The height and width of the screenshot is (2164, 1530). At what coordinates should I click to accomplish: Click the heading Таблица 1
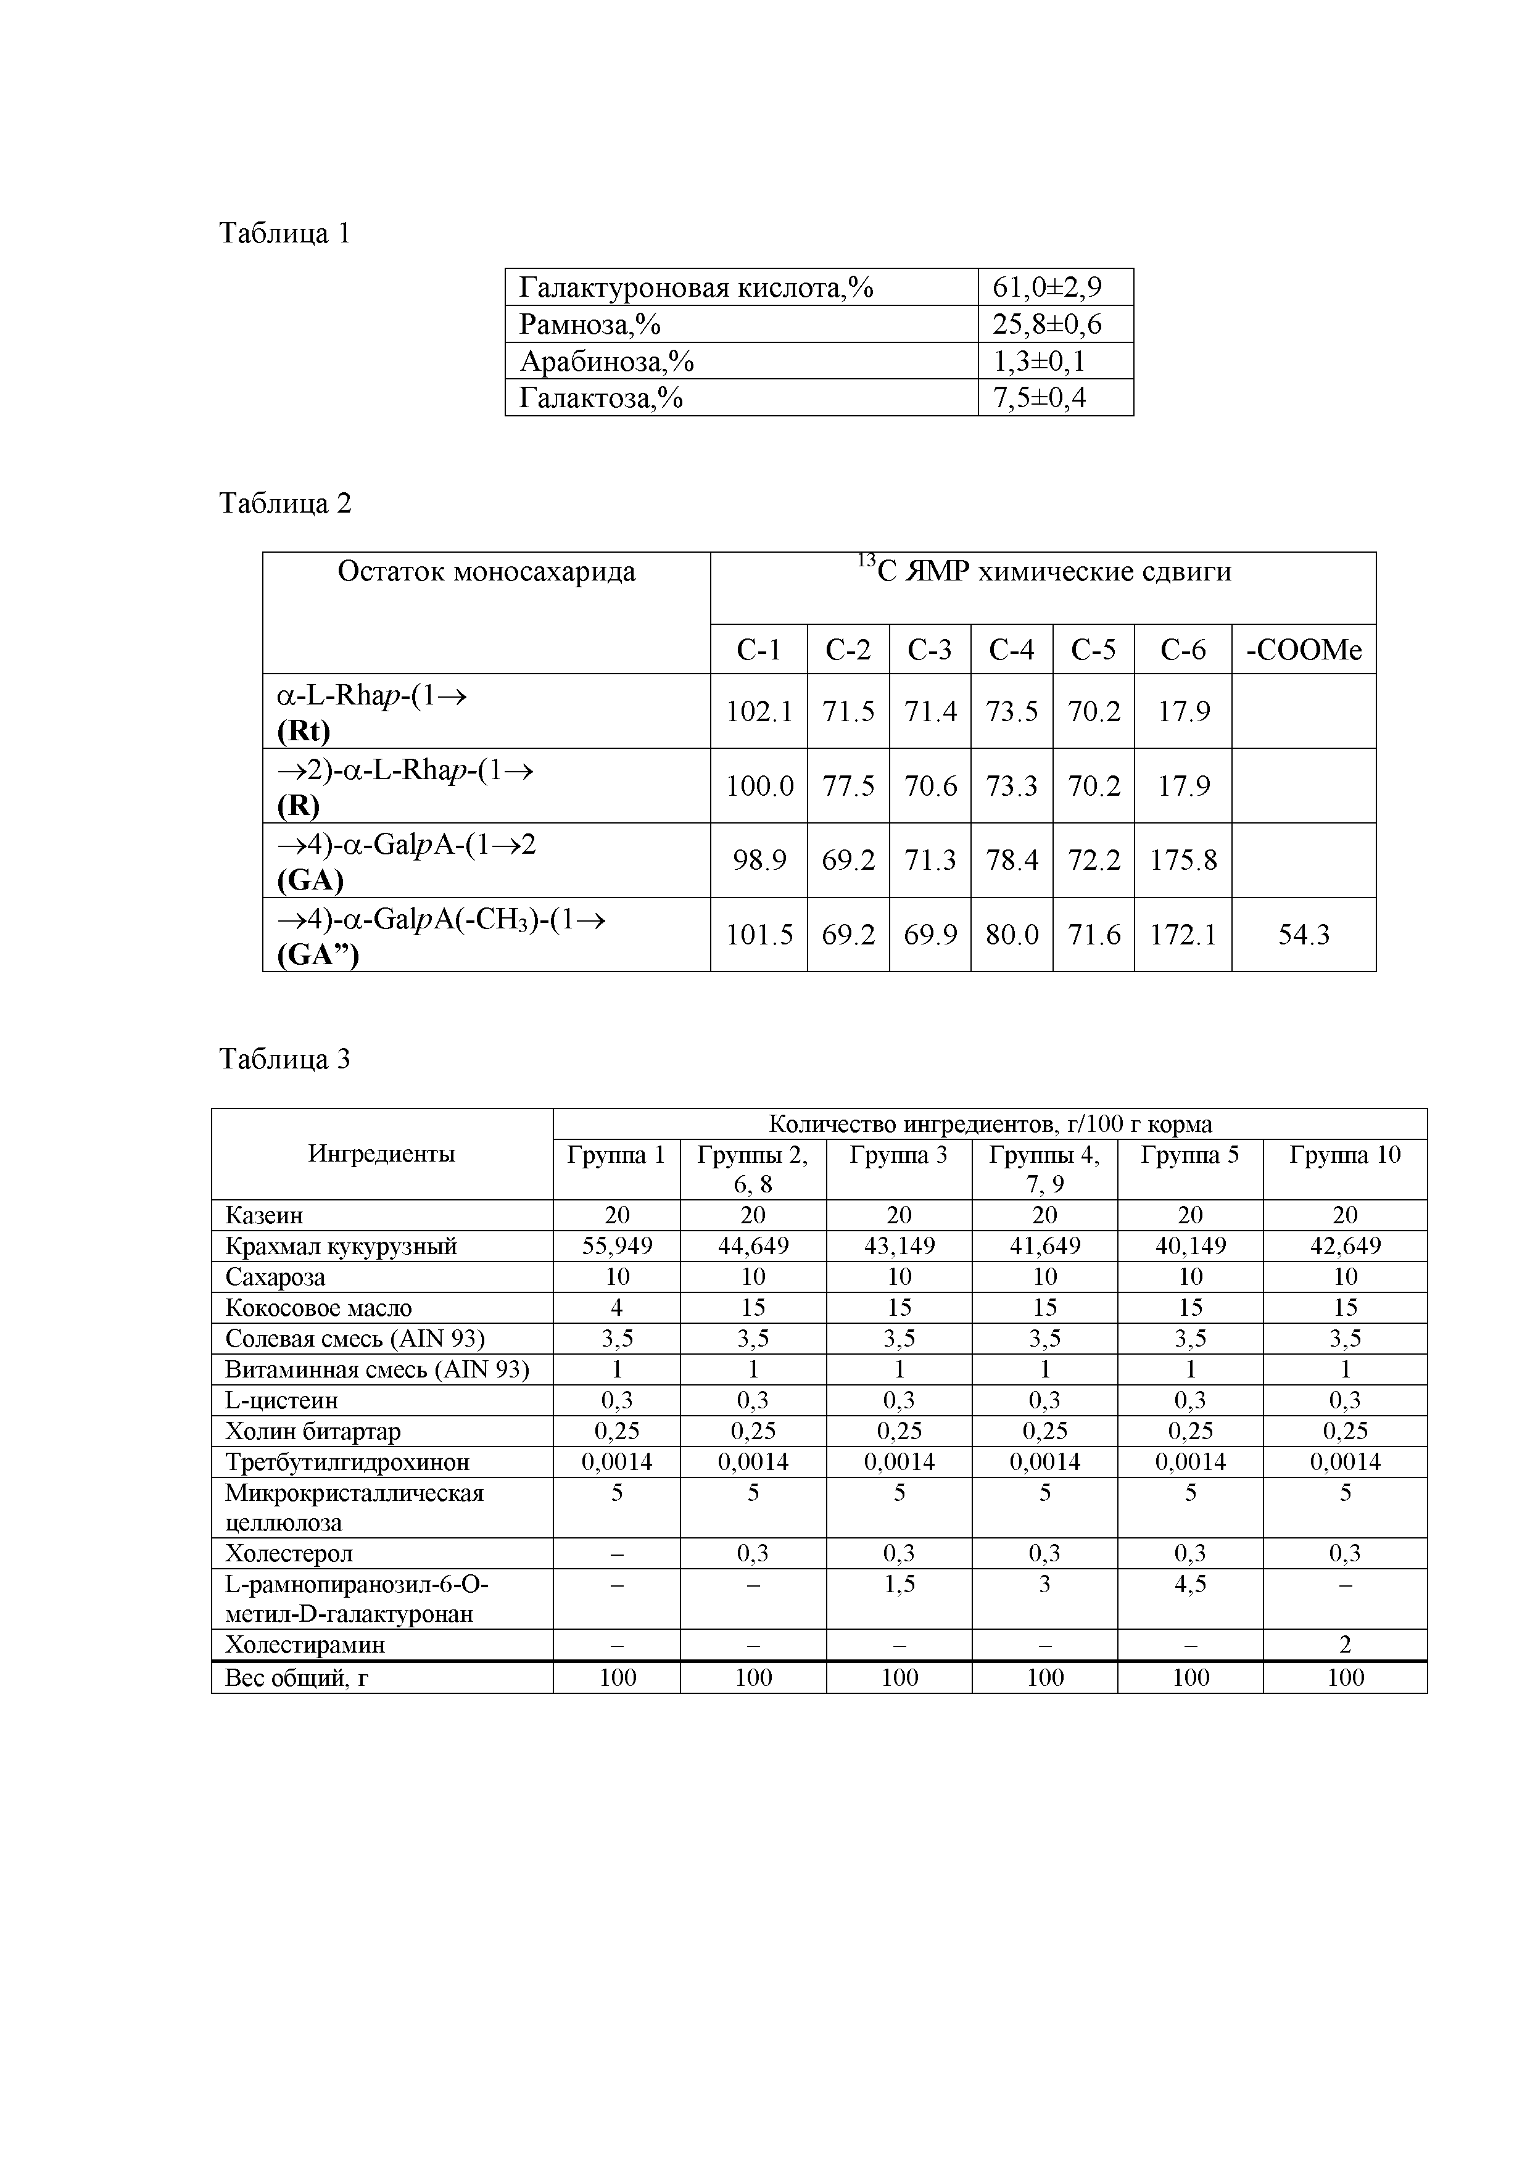click(x=284, y=233)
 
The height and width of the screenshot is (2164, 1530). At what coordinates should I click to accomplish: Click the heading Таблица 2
click(x=284, y=503)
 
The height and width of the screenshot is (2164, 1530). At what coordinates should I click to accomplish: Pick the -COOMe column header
click(x=1303, y=650)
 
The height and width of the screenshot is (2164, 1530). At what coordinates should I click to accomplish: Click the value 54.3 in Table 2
click(x=1303, y=935)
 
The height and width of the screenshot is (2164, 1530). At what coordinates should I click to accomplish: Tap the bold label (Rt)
click(x=304, y=732)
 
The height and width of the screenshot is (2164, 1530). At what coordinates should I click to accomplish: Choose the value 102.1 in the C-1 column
click(x=759, y=712)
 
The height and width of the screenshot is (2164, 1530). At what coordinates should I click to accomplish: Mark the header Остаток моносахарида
click(x=486, y=572)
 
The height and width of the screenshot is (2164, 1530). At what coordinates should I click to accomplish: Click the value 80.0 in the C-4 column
click(x=1012, y=935)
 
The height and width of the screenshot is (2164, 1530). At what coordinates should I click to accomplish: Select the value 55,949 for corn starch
click(x=616, y=1246)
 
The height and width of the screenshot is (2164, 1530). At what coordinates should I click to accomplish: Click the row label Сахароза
click(x=275, y=1277)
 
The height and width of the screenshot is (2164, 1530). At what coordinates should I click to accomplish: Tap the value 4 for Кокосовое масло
click(x=616, y=1308)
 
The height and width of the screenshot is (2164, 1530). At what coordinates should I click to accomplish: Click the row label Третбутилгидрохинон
click(x=347, y=1462)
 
